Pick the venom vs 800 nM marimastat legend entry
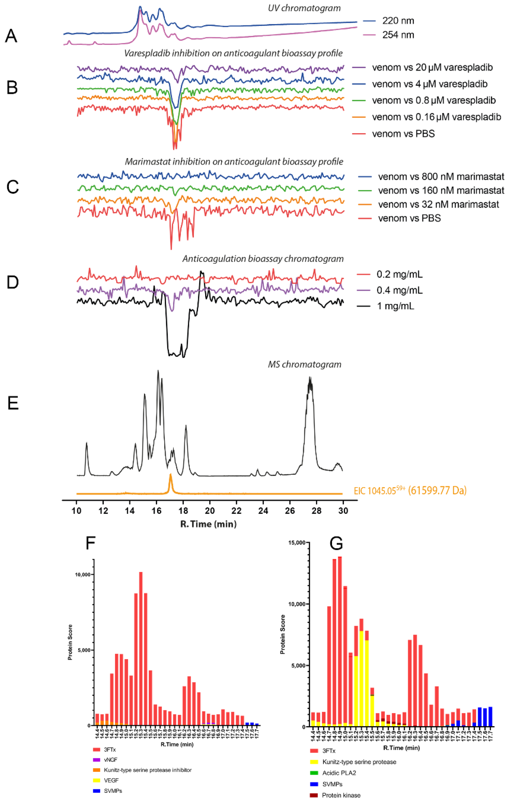pyautogui.click(x=441, y=177)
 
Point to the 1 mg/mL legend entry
pyautogui.click(x=395, y=306)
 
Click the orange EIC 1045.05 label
pyautogui.click(x=410, y=491)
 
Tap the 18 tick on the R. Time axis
pyautogui.click(x=183, y=511)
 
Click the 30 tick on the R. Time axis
pyautogui.click(x=343, y=511)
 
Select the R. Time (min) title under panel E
pyautogui.click(x=208, y=524)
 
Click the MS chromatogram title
pyautogui.click(x=304, y=364)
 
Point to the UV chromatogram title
pyautogui.click(x=304, y=8)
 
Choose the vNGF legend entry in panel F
pyautogui.click(x=110, y=760)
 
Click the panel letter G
pyautogui.click(x=336, y=544)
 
